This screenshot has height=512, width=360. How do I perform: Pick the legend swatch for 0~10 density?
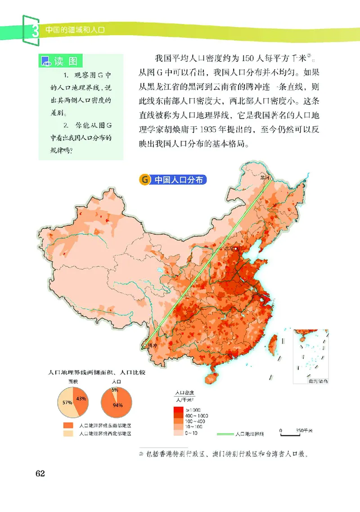[x=178, y=433]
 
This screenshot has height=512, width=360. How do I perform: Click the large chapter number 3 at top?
[x=34, y=31]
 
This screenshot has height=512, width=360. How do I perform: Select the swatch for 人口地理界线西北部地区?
[x=68, y=434]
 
